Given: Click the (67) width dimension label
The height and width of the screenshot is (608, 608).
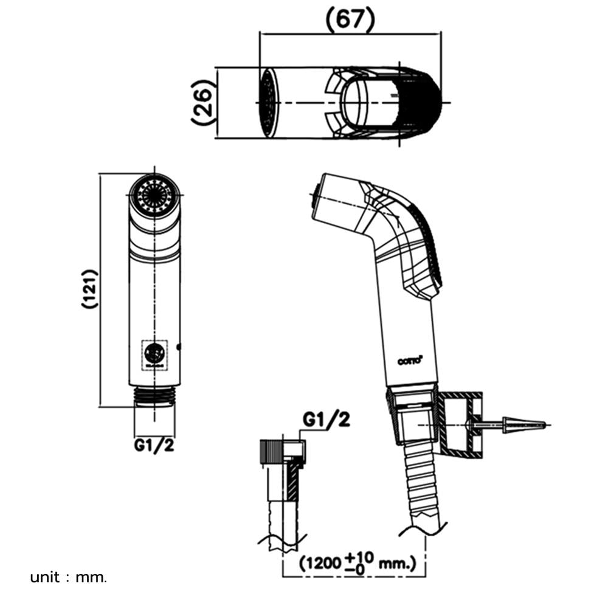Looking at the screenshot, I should (x=350, y=18).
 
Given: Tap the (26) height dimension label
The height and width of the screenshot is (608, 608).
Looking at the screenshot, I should (x=204, y=102).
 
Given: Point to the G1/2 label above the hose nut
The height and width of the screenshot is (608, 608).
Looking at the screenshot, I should (x=326, y=420).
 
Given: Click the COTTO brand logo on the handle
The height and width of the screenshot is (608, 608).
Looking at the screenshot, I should (x=410, y=361).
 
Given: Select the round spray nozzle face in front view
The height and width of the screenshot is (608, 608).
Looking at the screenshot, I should (x=154, y=196).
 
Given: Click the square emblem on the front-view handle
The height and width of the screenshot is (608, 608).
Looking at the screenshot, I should (x=154, y=354).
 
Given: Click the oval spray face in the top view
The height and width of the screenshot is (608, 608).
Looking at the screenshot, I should (x=269, y=102).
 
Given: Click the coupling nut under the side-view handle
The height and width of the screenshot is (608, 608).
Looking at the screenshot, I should (x=411, y=418).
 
